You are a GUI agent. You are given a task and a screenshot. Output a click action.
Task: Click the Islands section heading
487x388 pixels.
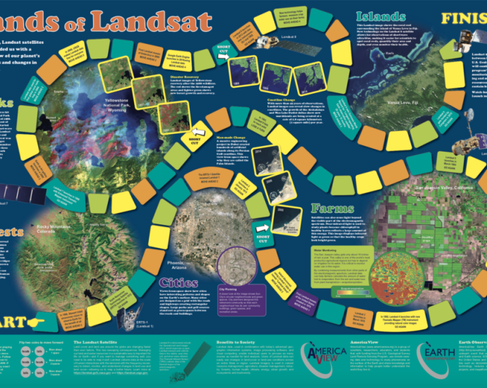pos(380,16)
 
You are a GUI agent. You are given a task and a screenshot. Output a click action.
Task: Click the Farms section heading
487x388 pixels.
pos(335,210)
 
